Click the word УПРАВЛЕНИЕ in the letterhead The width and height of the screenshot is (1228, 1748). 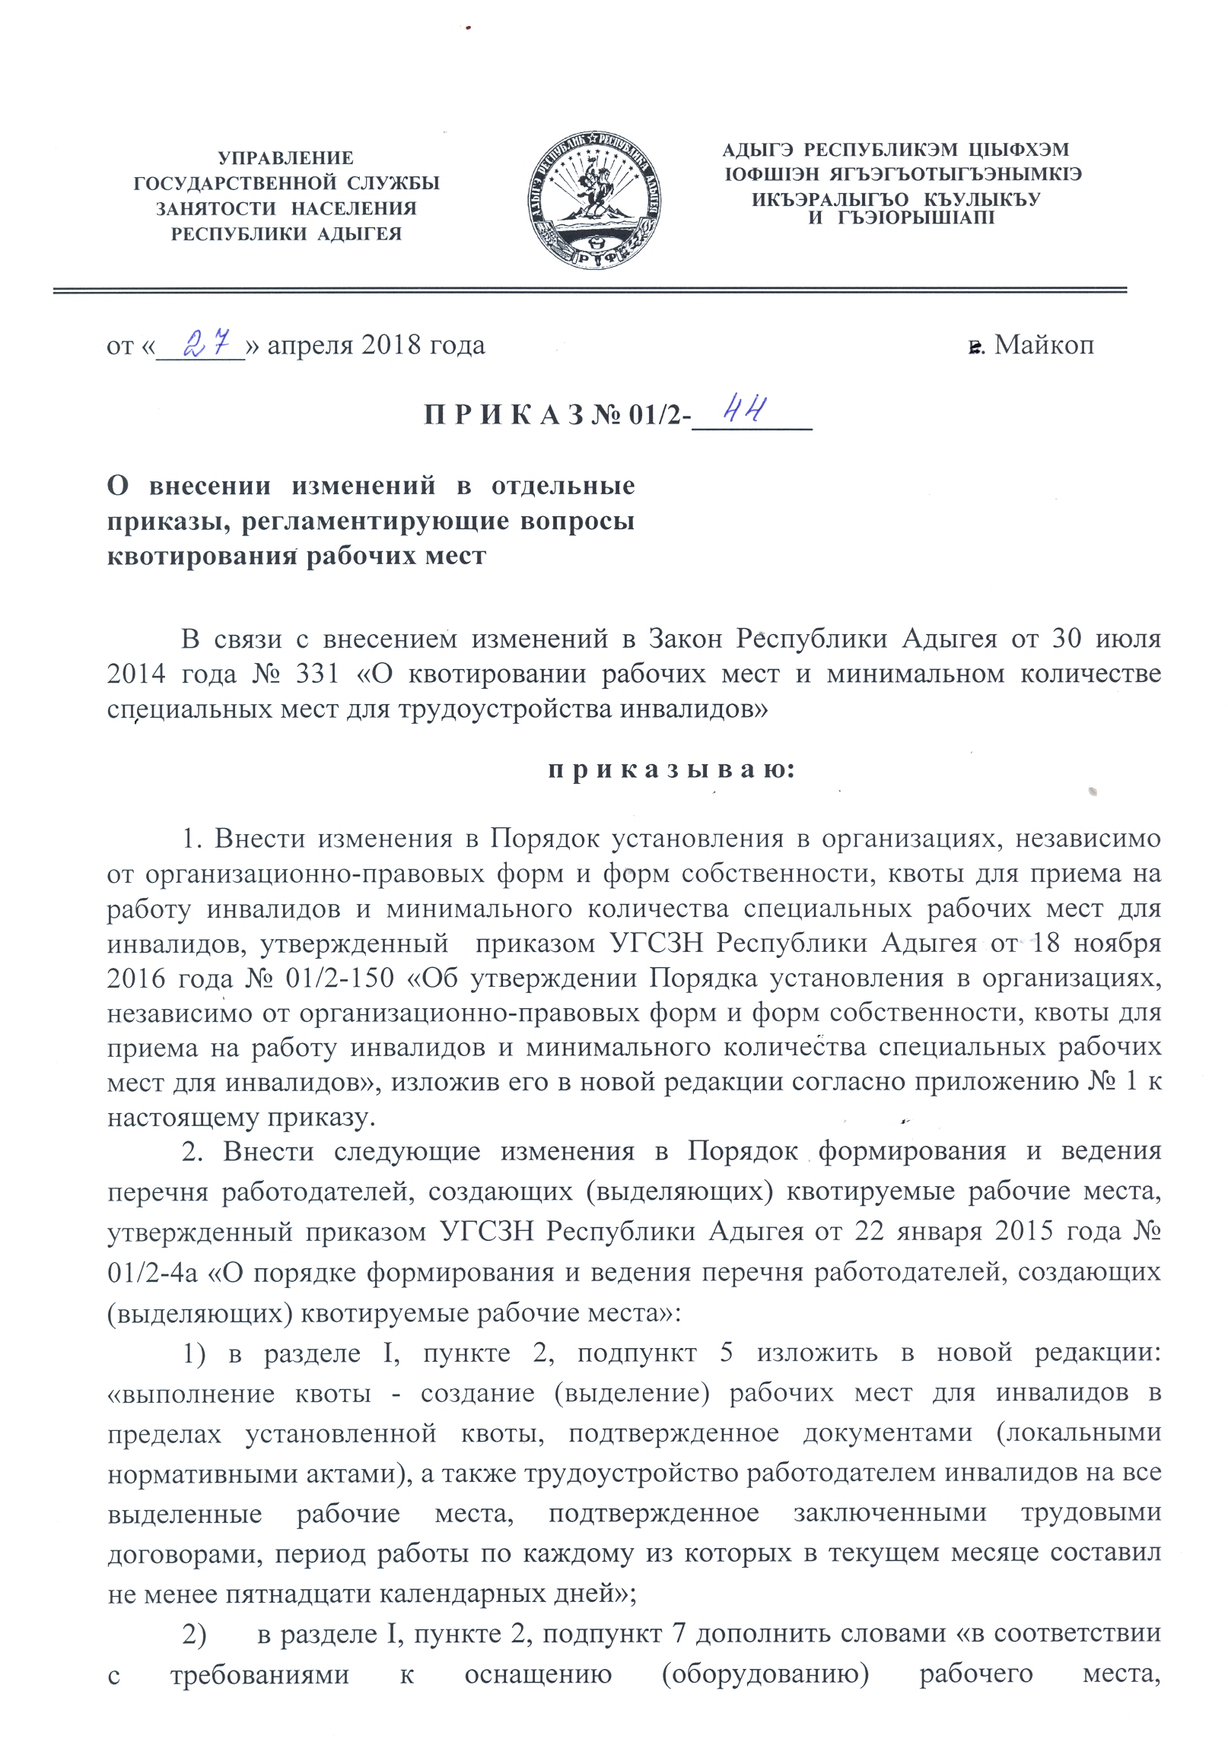(x=285, y=158)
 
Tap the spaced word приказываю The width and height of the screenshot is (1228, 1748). (x=671, y=769)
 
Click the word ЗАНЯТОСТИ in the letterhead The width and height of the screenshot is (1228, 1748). (x=215, y=208)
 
